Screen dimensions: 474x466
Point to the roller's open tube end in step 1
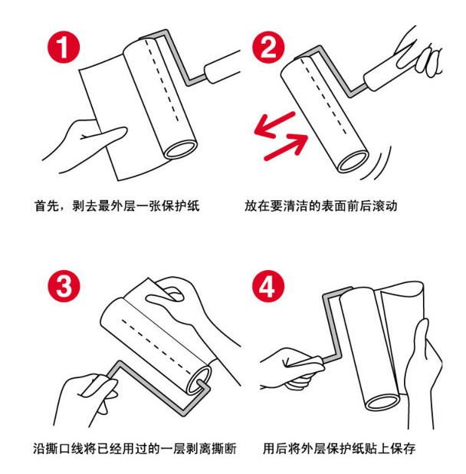pos(181,146)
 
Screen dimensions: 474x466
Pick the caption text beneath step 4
pos(338,448)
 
